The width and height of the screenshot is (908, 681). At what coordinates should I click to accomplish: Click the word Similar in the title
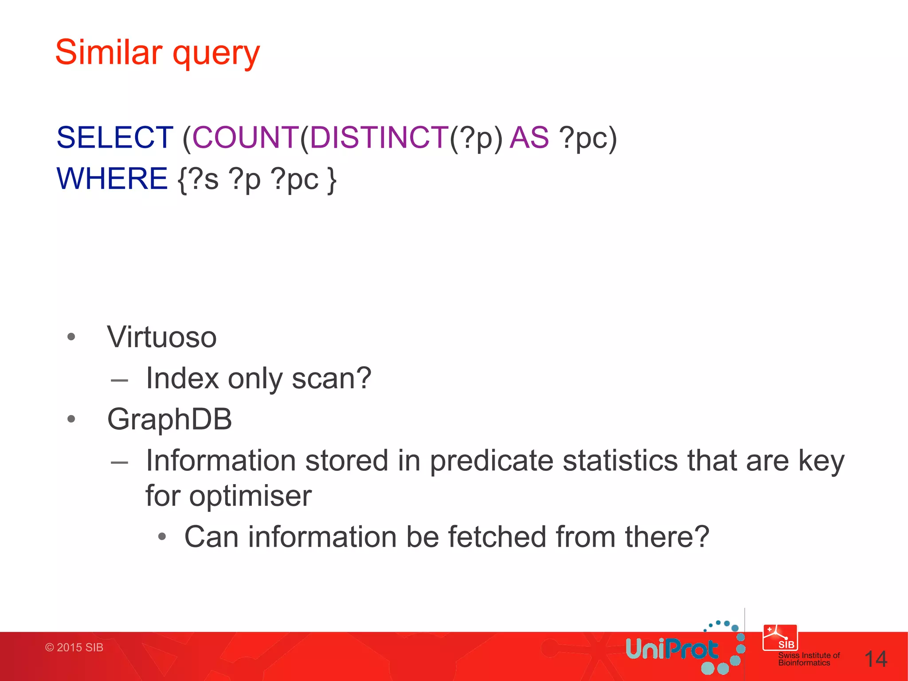(x=109, y=52)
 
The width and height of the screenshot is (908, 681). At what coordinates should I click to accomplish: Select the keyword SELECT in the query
(x=115, y=137)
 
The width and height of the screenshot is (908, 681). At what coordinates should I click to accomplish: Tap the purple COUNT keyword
(x=246, y=137)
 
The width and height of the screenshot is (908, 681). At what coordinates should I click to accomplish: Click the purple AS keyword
(x=529, y=137)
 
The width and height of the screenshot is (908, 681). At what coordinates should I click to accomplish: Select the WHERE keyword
(x=112, y=178)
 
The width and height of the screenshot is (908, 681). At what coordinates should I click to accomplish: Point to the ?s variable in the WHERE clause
(x=204, y=179)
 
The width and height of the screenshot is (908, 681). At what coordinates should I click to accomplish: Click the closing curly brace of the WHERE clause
(x=332, y=179)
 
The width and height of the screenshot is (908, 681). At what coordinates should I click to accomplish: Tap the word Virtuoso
(x=162, y=337)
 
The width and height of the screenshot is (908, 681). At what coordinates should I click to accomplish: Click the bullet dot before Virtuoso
(x=71, y=337)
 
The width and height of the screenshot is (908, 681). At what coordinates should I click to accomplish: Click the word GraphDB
(x=169, y=419)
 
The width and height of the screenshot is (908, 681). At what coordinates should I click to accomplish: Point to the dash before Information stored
(x=119, y=462)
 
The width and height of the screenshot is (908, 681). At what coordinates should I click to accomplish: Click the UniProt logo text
(x=672, y=650)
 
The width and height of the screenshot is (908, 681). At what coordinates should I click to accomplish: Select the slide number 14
(x=876, y=659)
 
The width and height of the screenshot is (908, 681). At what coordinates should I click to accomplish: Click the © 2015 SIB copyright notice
(x=74, y=647)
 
